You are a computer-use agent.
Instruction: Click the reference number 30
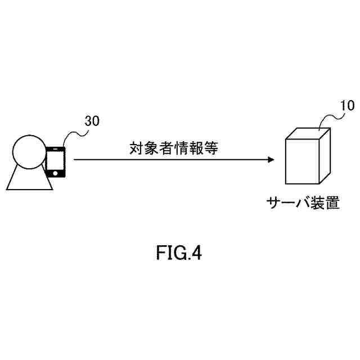click(92, 121)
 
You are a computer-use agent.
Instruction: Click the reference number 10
click(348, 106)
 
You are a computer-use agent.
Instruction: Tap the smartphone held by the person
click(55, 162)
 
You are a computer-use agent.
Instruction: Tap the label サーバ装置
click(303, 202)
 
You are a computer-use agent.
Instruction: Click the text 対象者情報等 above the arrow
click(172, 148)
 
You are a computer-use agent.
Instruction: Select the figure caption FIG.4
click(179, 254)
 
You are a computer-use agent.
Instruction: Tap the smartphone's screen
click(55, 160)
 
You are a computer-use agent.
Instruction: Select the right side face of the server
click(325, 154)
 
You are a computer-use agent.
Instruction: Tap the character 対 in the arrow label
click(136, 148)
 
